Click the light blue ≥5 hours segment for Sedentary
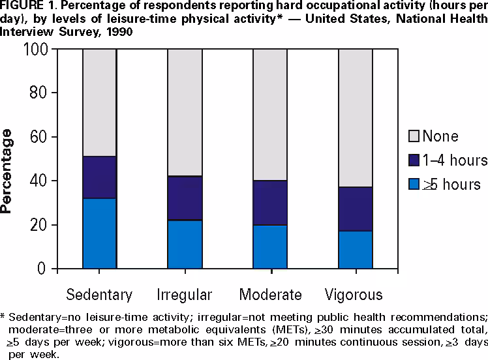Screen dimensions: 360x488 click(99, 233)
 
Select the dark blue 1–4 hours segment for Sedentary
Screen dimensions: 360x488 click(99, 177)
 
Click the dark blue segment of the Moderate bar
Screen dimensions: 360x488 click(270, 203)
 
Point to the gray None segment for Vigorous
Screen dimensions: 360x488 click(355, 117)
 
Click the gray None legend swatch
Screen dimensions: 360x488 click(412, 136)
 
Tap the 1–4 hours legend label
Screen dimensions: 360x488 click(455, 160)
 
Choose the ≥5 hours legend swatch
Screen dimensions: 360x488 click(412, 185)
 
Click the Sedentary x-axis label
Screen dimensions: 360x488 click(100, 294)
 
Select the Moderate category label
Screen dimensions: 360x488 click(270, 294)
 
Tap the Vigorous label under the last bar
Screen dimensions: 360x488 click(356, 294)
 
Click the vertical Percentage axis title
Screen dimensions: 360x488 click(8, 172)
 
